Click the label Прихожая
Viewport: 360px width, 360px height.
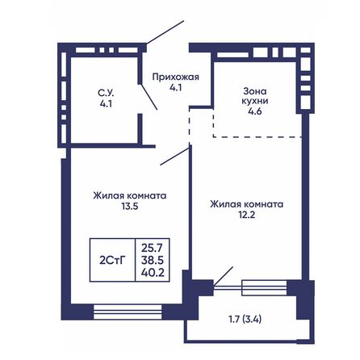coord(175,77)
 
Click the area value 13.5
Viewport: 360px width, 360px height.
coord(130,205)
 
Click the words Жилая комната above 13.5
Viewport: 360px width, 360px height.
coord(130,195)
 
